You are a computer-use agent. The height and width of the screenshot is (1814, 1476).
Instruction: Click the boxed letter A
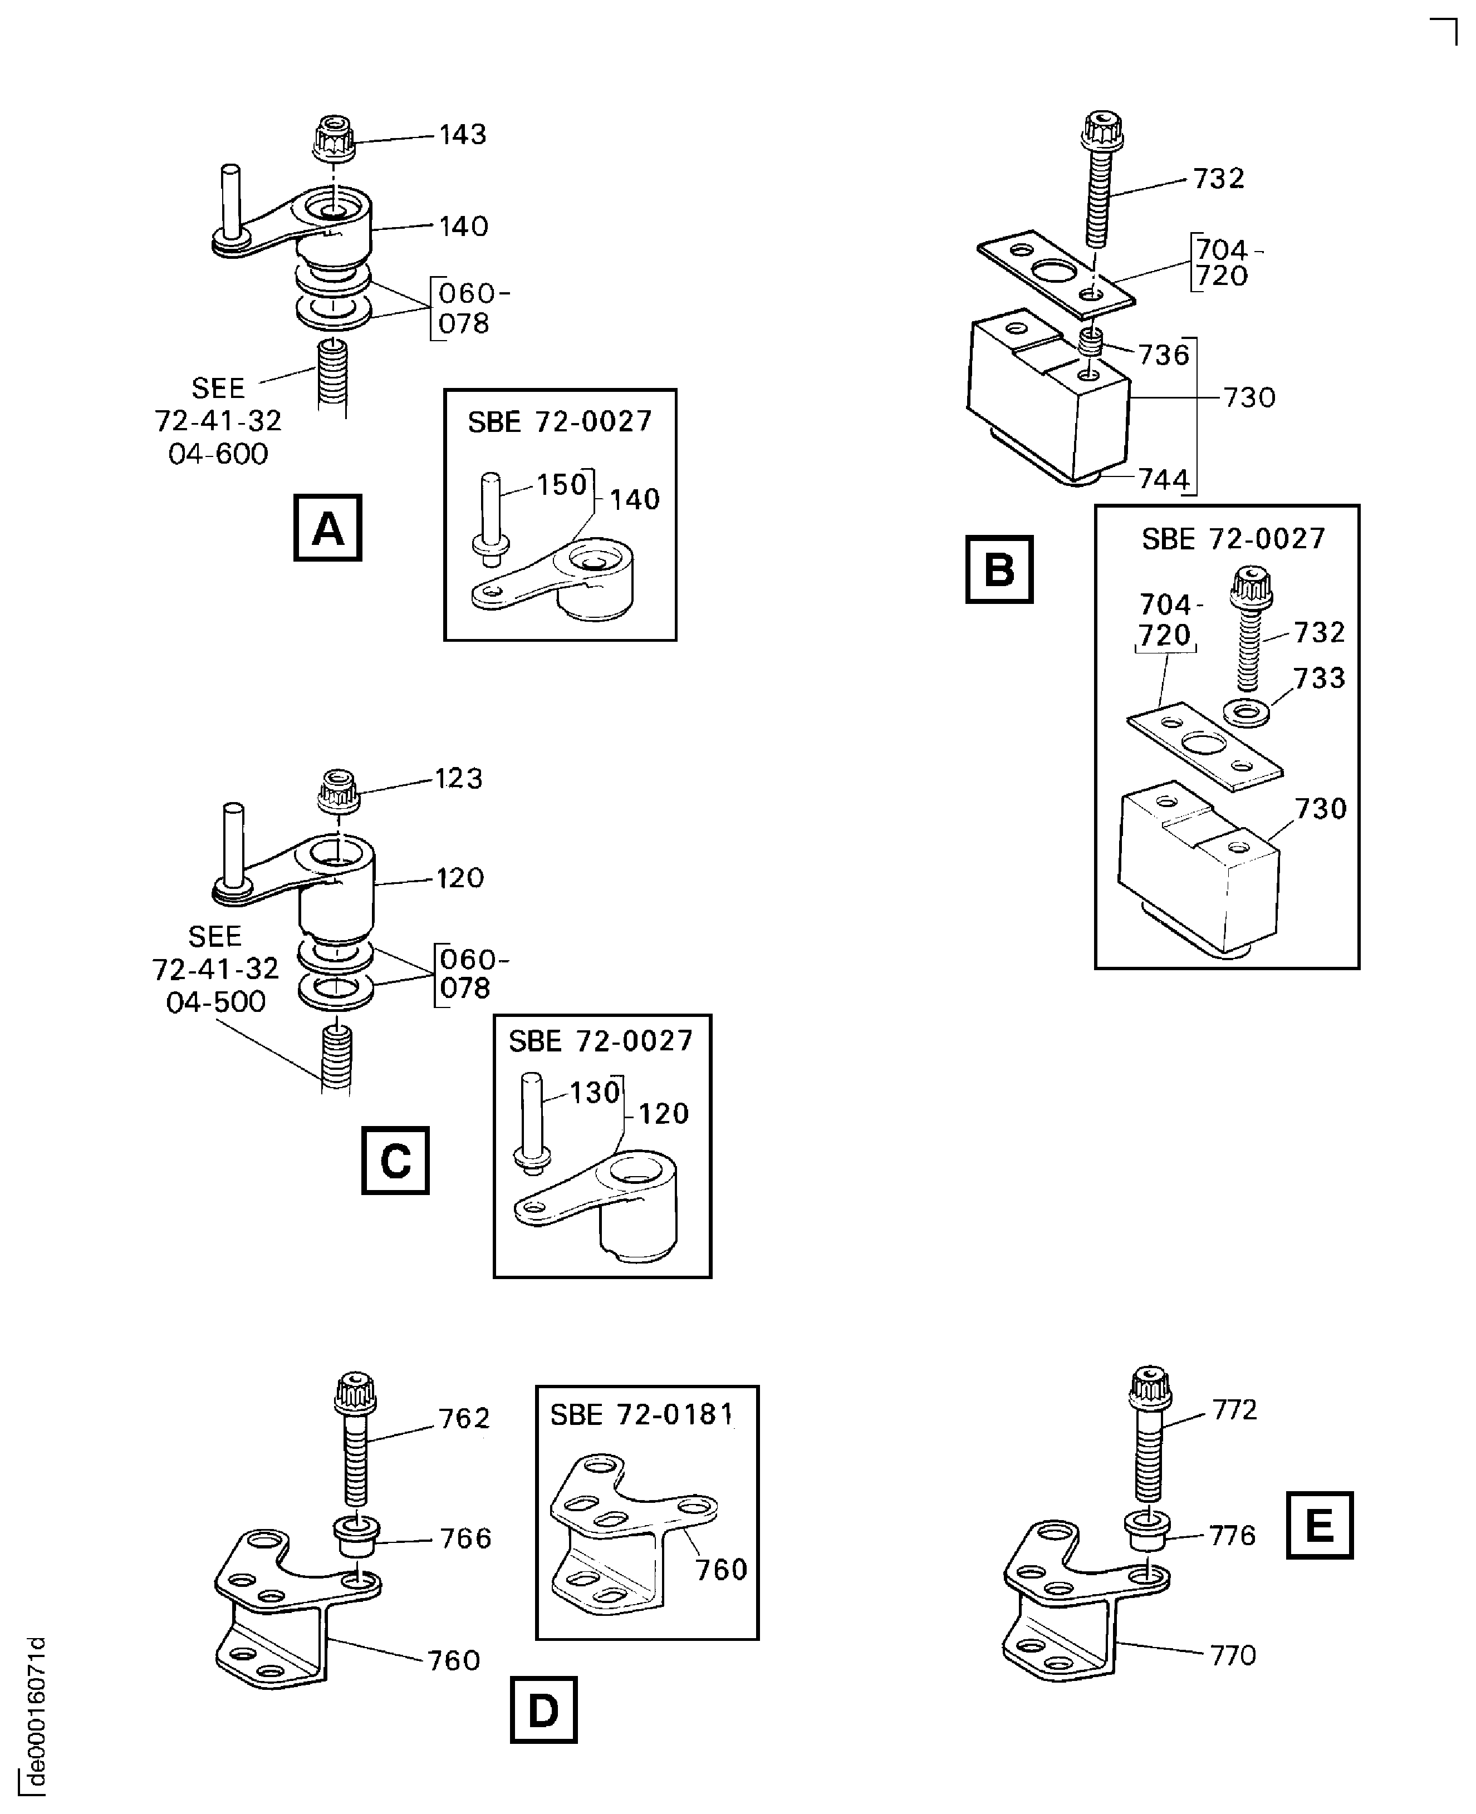pos(327,528)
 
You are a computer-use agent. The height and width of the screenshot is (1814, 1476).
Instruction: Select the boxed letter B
pos(999,569)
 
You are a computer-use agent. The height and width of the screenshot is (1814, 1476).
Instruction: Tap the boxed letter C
pos(395,1161)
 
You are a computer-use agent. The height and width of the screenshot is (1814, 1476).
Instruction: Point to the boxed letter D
pos(543,1709)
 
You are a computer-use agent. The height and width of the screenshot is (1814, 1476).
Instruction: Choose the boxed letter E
pos(1318,1525)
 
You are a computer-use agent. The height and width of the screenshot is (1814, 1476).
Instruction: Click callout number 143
pos(463,134)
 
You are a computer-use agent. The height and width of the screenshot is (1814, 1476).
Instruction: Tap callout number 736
pos(1163,355)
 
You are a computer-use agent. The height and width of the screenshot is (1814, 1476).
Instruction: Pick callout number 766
pos(465,1538)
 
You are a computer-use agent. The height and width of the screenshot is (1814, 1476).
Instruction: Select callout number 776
pos(1232,1535)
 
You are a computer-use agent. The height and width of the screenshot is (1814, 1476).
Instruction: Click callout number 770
pos(1232,1655)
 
